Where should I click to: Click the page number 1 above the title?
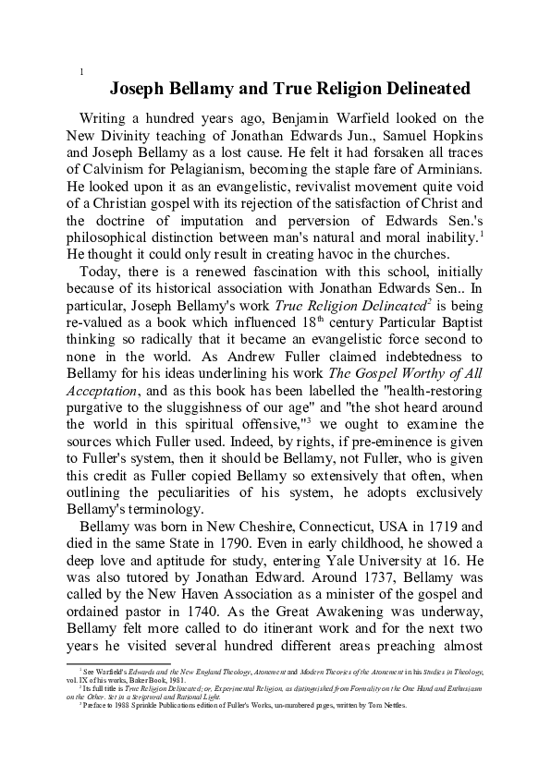point(83,73)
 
